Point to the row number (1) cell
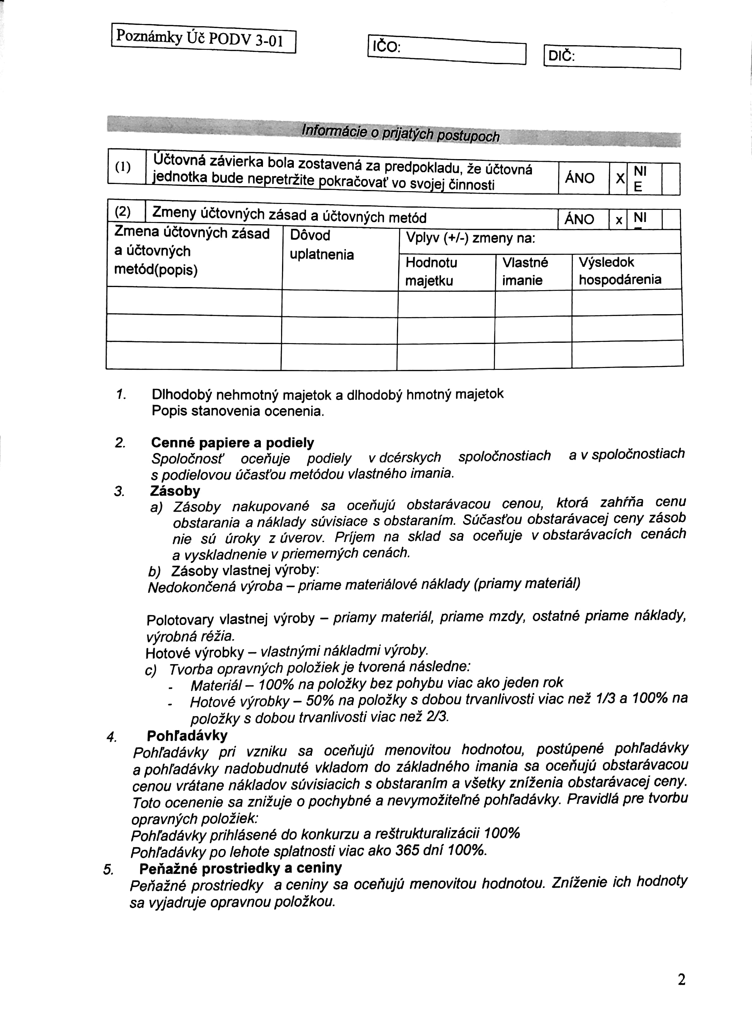[123, 167]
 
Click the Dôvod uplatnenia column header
[322, 244]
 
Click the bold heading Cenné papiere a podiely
[232, 443]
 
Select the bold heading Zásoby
[175, 491]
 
